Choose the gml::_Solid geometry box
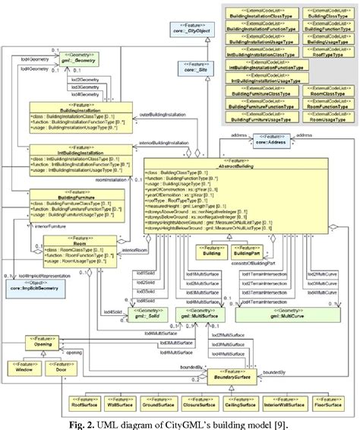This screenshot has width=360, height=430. click(x=146, y=312)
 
